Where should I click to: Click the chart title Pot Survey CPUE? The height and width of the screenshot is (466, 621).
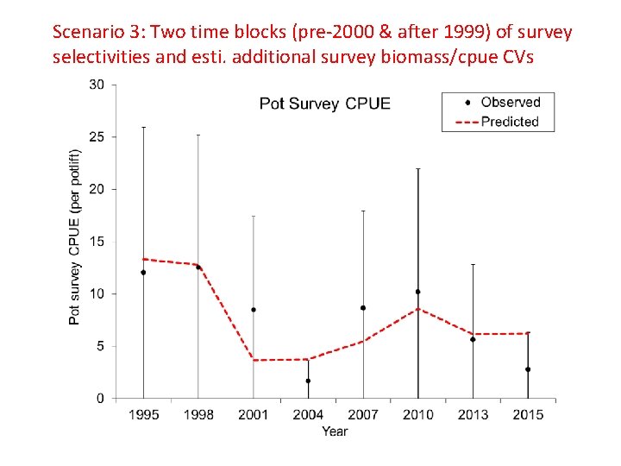pos(325,104)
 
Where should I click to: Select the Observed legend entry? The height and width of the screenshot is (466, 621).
pos(510,103)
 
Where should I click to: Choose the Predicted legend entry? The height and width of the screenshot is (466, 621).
pos(510,122)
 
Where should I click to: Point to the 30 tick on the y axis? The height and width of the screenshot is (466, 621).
pos(97,85)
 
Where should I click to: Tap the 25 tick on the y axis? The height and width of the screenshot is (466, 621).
pos(97,137)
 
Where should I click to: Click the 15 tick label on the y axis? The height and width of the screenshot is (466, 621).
pos(97,242)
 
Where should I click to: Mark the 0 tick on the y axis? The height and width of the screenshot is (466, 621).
pos(101,399)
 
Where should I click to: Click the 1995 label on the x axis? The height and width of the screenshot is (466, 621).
pos(143,415)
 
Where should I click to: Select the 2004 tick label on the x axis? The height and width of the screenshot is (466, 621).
pos(308,415)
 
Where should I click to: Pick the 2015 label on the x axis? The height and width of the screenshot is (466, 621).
pos(528,415)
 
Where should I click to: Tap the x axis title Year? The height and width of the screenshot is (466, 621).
pos(335,431)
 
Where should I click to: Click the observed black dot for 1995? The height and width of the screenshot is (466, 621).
pos(143,273)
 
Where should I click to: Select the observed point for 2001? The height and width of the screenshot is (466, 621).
pos(254,310)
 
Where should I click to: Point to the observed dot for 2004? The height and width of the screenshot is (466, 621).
pos(308,381)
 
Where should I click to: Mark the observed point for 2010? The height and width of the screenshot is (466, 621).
pos(418,292)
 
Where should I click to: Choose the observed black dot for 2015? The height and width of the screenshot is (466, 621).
pos(528,369)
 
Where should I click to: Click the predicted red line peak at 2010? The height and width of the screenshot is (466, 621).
pos(418,309)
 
